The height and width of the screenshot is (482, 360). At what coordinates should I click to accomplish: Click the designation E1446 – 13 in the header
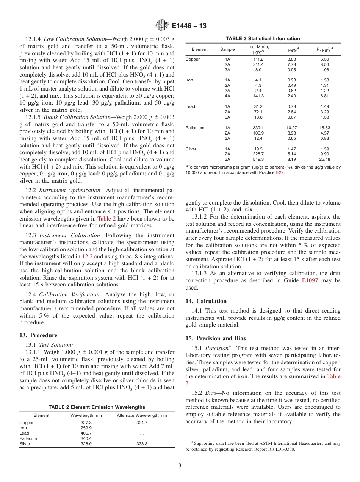point(189,26)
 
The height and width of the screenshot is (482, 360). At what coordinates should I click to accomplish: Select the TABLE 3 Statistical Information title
point(263,38)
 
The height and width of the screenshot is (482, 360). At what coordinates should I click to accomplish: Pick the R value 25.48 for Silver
point(325,160)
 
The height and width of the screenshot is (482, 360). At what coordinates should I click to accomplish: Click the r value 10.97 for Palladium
point(291,128)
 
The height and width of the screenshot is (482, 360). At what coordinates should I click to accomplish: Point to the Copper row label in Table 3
point(193,59)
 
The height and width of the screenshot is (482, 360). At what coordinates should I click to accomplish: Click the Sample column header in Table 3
point(227,49)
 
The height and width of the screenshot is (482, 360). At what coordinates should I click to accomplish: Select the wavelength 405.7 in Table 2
point(86,433)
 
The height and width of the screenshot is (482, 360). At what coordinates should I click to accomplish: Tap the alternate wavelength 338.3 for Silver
point(142,444)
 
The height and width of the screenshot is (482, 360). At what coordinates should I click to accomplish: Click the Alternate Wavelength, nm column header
point(142,415)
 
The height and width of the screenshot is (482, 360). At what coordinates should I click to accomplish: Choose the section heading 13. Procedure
point(38,335)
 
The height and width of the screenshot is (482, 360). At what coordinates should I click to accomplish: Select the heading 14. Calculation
point(206,301)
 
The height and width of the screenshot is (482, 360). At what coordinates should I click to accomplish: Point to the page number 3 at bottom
point(180,466)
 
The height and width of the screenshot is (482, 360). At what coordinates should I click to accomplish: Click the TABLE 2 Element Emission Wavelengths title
point(97,407)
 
